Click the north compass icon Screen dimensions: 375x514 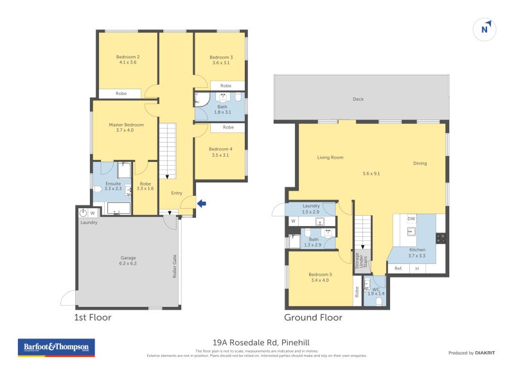click(x=486, y=29)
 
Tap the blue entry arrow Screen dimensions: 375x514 click(x=202, y=204)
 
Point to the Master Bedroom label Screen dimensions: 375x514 click(x=126, y=128)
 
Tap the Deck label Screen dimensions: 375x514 click(x=359, y=99)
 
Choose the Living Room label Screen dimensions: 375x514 click(x=330, y=157)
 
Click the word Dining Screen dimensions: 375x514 click(x=420, y=164)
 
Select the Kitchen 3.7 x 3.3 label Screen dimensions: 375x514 click(x=418, y=251)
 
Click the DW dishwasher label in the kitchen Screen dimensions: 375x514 click(x=411, y=219)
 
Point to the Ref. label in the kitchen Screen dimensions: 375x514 click(x=398, y=268)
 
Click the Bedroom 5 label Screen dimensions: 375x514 click(x=319, y=277)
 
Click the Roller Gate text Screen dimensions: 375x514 click(x=174, y=265)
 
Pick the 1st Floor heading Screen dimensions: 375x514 click(x=93, y=317)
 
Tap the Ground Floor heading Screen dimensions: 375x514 click(x=313, y=317)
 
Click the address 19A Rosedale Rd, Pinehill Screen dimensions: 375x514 click(x=256, y=342)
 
